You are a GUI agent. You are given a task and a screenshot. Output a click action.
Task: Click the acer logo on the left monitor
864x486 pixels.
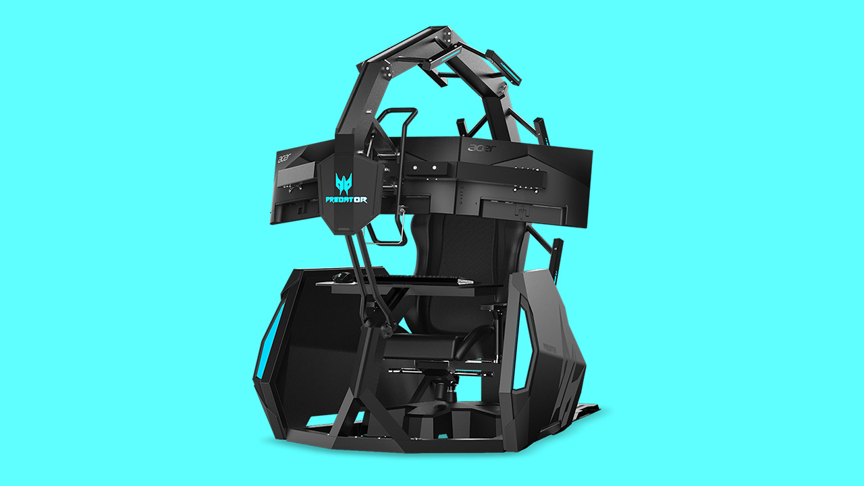tap(287, 159)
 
